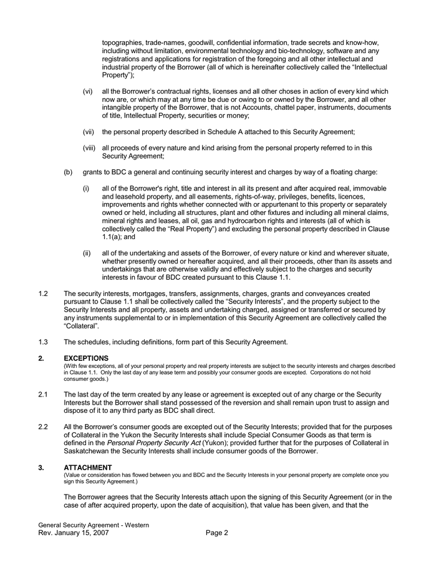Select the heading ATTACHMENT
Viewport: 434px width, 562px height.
click(87, 467)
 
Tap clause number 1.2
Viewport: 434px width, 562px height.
click(44, 293)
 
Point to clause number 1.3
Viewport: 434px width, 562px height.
click(44, 342)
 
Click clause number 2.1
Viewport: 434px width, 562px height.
click(44, 393)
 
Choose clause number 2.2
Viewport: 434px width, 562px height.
click(44, 426)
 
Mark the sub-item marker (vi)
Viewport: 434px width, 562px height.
click(88, 91)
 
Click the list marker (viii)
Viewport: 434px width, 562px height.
click(89, 148)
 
